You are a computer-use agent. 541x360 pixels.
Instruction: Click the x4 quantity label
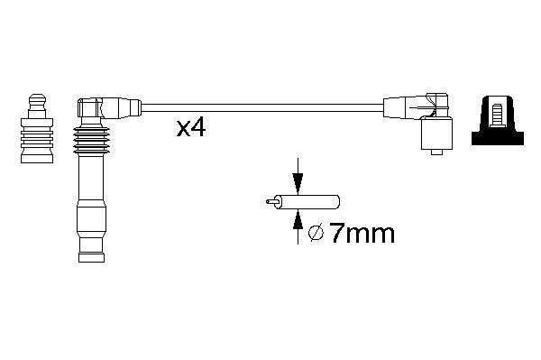(191, 129)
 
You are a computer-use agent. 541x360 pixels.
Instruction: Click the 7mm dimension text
(362, 234)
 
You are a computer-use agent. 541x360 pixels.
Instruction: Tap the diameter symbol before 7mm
(316, 234)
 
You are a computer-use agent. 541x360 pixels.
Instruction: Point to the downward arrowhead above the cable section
(298, 183)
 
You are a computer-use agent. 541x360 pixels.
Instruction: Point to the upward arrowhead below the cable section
(298, 219)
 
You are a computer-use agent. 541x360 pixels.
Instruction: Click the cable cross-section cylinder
(307, 201)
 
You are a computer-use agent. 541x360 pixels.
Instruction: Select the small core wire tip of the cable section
(270, 201)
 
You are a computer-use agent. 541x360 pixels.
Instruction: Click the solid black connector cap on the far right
(498, 121)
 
